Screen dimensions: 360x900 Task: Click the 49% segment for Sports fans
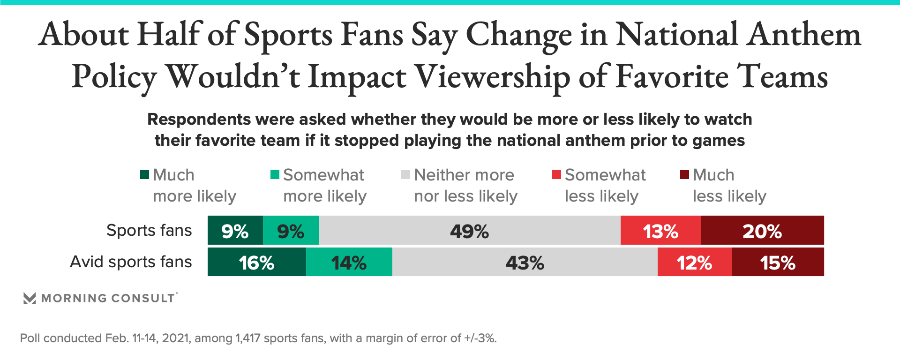(x=469, y=231)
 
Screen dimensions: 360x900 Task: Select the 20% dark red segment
(x=762, y=231)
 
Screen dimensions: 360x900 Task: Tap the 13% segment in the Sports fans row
(x=660, y=231)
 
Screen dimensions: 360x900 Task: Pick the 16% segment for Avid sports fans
(x=256, y=262)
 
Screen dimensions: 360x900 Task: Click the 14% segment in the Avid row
(x=349, y=262)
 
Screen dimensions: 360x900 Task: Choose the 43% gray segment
(x=525, y=262)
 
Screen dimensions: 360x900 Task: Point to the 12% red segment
(x=694, y=262)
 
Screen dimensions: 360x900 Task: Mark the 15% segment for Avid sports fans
(x=778, y=262)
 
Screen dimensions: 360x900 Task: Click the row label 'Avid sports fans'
(x=131, y=262)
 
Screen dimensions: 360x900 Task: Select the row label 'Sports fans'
(x=149, y=230)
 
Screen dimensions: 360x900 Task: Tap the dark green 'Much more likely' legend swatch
(x=144, y=175)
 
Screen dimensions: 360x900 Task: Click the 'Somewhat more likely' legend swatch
(x=275, y=175)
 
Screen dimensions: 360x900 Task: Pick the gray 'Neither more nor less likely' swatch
(x=405, y=175)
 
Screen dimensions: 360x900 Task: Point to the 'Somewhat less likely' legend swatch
(x=556, y=175)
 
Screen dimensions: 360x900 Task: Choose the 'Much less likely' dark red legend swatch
(x=684, y=175)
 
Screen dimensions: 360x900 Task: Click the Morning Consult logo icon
(x=30, y=298)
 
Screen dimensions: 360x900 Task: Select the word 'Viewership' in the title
(x=493, y=76)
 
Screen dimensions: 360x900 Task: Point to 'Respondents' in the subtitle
(x=199, y=120)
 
